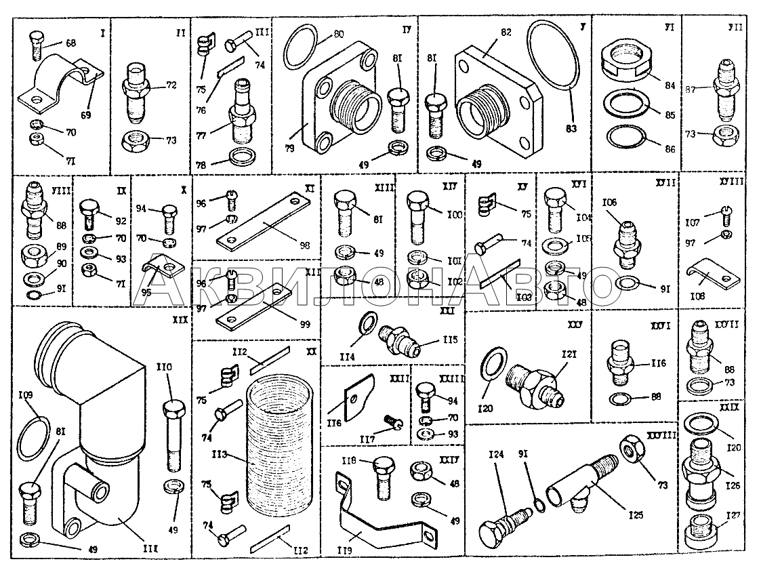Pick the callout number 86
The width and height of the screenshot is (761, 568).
pos(670,149)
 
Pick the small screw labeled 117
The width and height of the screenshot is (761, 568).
pos(393,424)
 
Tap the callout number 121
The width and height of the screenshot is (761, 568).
pos(568,356)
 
